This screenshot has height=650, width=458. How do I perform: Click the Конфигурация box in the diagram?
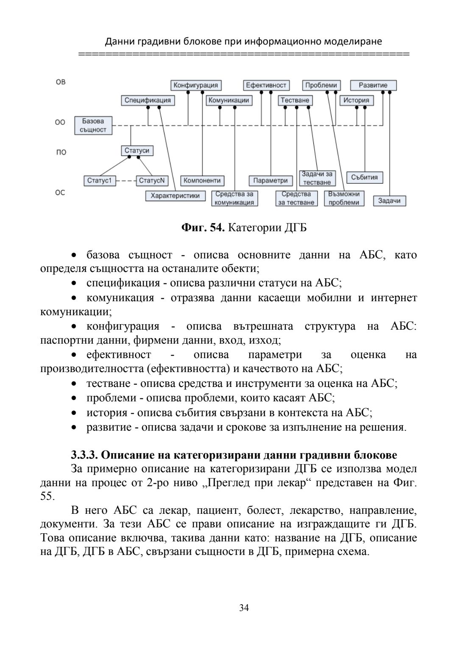[196, 85]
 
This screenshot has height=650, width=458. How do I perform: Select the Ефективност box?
[266, 85]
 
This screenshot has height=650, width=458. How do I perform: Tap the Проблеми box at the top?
[321, 85]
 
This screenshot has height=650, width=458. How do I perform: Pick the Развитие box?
[373, 85]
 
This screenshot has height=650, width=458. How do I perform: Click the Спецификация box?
[148, 101]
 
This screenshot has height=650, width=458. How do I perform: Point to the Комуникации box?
[229, 101]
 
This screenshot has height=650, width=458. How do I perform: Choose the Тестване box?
[295, 101]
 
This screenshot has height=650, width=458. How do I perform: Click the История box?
[356, 101]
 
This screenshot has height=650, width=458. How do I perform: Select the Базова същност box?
[93, 126]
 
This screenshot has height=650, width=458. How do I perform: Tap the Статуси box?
[137, 151]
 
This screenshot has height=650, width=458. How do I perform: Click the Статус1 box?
[99, 181]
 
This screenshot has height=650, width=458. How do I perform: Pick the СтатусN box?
[152, 181]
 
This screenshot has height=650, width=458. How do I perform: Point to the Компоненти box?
[202, 181]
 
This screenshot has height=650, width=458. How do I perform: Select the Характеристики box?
[175, 196]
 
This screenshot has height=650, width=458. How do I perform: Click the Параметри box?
[271, 181]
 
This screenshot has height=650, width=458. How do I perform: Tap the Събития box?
[365, 177]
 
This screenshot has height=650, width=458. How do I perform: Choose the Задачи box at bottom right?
[389, 201]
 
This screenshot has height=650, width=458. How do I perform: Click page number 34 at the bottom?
[244, 608]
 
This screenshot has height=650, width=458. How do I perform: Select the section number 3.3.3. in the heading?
[84, 455]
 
